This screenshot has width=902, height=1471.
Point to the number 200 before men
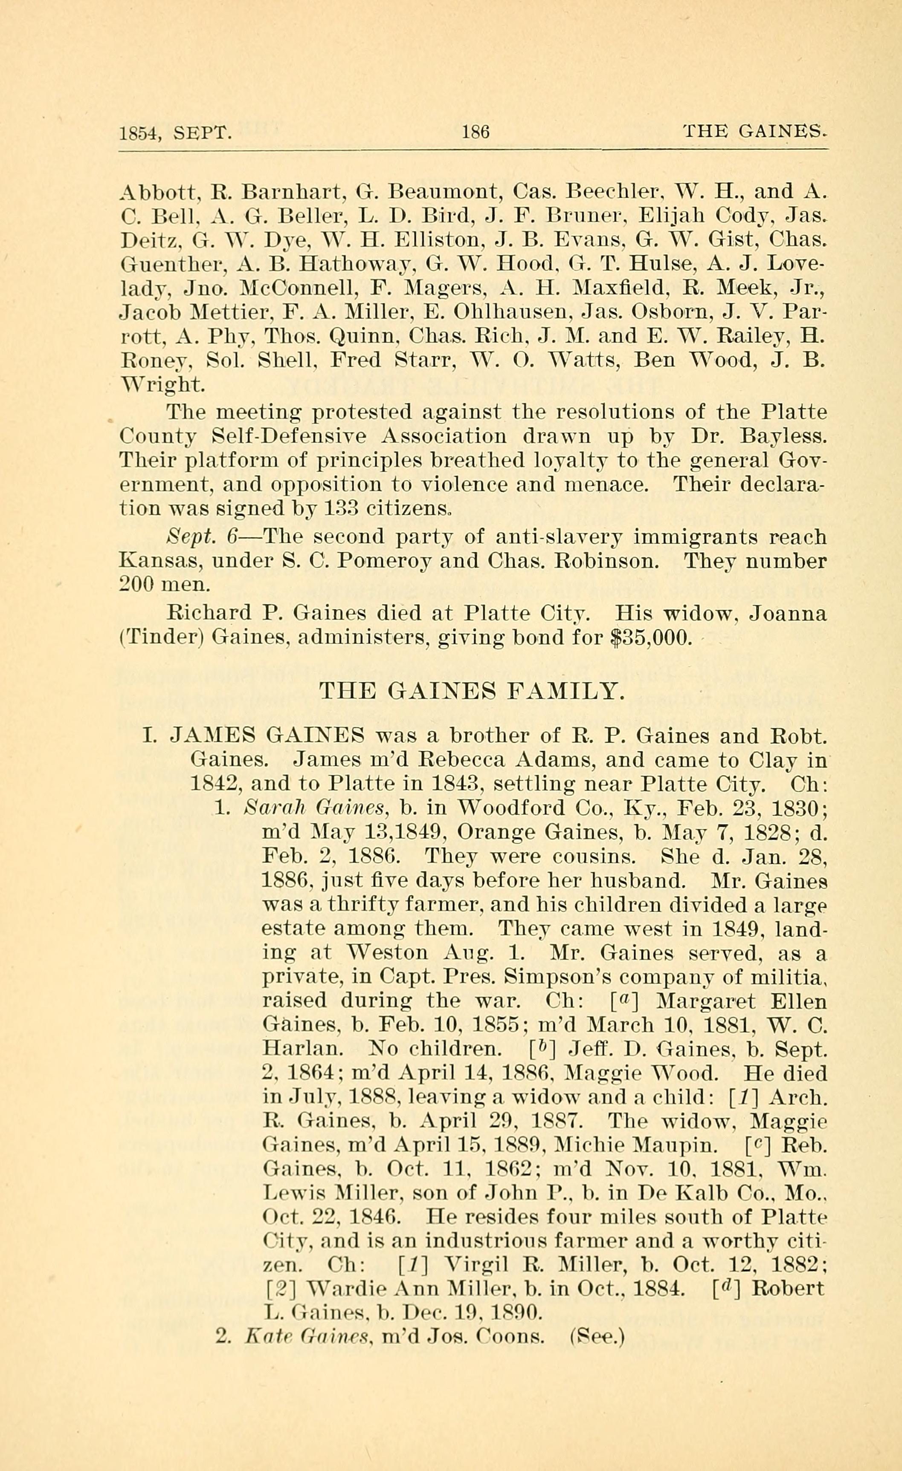click(x=137, y=586)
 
